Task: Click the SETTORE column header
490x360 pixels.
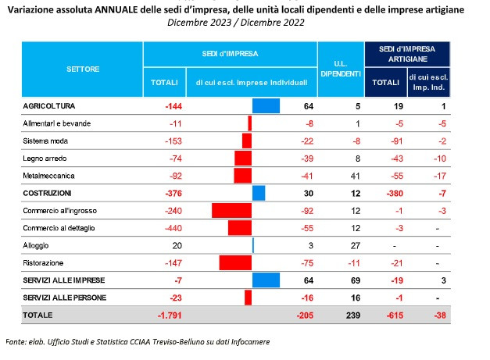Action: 83,69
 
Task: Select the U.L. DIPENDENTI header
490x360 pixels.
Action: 341,69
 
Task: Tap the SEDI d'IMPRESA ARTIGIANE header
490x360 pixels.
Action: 407,54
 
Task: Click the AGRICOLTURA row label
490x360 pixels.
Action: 48,106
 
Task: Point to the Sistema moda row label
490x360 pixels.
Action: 45,141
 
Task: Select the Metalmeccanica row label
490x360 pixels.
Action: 48,176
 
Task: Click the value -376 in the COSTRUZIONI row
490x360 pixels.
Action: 173,193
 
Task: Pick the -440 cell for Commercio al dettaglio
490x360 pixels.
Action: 173,228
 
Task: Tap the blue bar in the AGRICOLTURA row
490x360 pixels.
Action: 266,106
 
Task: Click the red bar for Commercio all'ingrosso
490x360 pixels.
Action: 231,210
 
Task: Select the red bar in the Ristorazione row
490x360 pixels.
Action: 235,263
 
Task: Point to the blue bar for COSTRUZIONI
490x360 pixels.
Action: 259,193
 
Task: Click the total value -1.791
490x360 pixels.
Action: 170,315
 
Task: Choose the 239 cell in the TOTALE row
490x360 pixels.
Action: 353,315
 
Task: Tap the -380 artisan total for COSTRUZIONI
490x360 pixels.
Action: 395,193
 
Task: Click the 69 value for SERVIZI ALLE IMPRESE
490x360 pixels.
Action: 356,280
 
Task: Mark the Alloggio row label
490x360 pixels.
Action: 36,245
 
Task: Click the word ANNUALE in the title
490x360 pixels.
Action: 116,9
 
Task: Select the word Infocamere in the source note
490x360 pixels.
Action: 250,342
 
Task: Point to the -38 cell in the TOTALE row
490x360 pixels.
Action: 440,315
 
